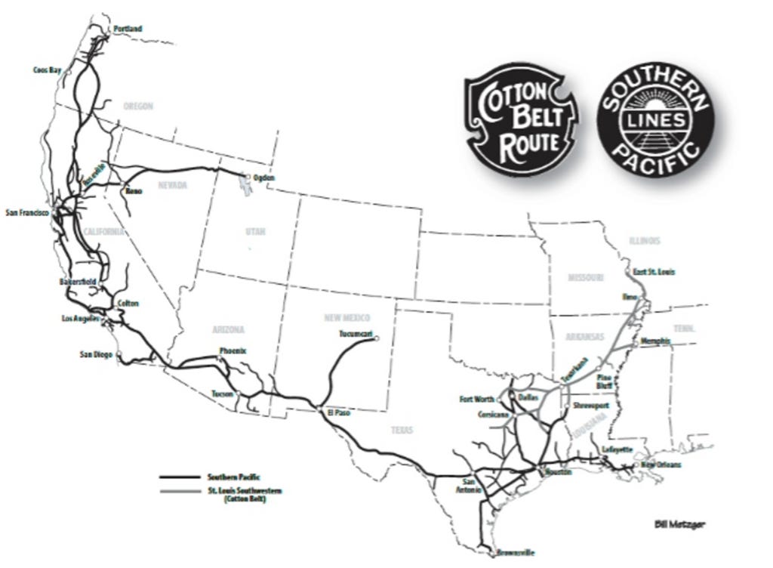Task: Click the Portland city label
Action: (x=128, y=29)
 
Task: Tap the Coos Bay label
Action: (x=47, y=69)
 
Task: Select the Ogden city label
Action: (x=264, y=177)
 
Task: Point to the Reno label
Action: (x=134, y=191)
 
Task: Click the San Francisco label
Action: (x=26, y=213)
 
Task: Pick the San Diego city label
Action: (x=97, y=354)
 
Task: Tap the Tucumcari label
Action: (x=356, y=333)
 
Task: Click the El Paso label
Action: (x=340, y=413)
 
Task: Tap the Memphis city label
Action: (x=654, y=341)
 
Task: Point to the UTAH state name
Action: (x=255, y=231)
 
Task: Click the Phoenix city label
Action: (x=233, y=350)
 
